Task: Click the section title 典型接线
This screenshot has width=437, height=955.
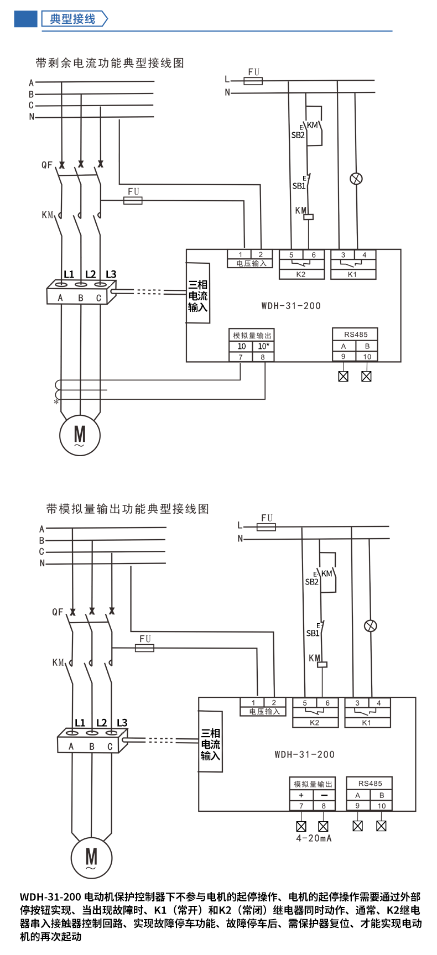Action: point(72,19)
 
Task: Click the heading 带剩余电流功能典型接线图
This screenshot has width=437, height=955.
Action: point(110,63)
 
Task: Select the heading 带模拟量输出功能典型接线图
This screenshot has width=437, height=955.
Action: point(127,509)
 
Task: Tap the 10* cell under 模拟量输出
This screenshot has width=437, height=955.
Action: point(263,346)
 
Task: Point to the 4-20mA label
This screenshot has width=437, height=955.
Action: point(314,838)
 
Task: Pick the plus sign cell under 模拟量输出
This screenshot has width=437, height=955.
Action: point(301,795)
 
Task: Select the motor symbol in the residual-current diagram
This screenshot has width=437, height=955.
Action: point(80,435)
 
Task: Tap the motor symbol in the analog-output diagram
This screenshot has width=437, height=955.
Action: point(91,858)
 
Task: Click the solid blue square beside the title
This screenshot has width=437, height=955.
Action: point(25,19)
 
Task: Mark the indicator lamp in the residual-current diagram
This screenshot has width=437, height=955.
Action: point(357,179)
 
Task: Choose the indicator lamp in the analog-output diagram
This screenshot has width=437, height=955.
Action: point(370,626)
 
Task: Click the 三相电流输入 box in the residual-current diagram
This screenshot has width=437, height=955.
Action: point(197,296)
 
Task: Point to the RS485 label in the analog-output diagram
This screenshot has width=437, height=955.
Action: point(370,784)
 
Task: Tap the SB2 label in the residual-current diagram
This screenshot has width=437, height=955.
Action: point(298,135)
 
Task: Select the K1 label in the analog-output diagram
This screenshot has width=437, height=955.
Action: point(366,723)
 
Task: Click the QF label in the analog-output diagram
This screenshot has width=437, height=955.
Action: point(58,612)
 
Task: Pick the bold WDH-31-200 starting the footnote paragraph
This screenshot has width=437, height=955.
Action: point(51,897)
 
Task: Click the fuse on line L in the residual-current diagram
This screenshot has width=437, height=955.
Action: point(253,81)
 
